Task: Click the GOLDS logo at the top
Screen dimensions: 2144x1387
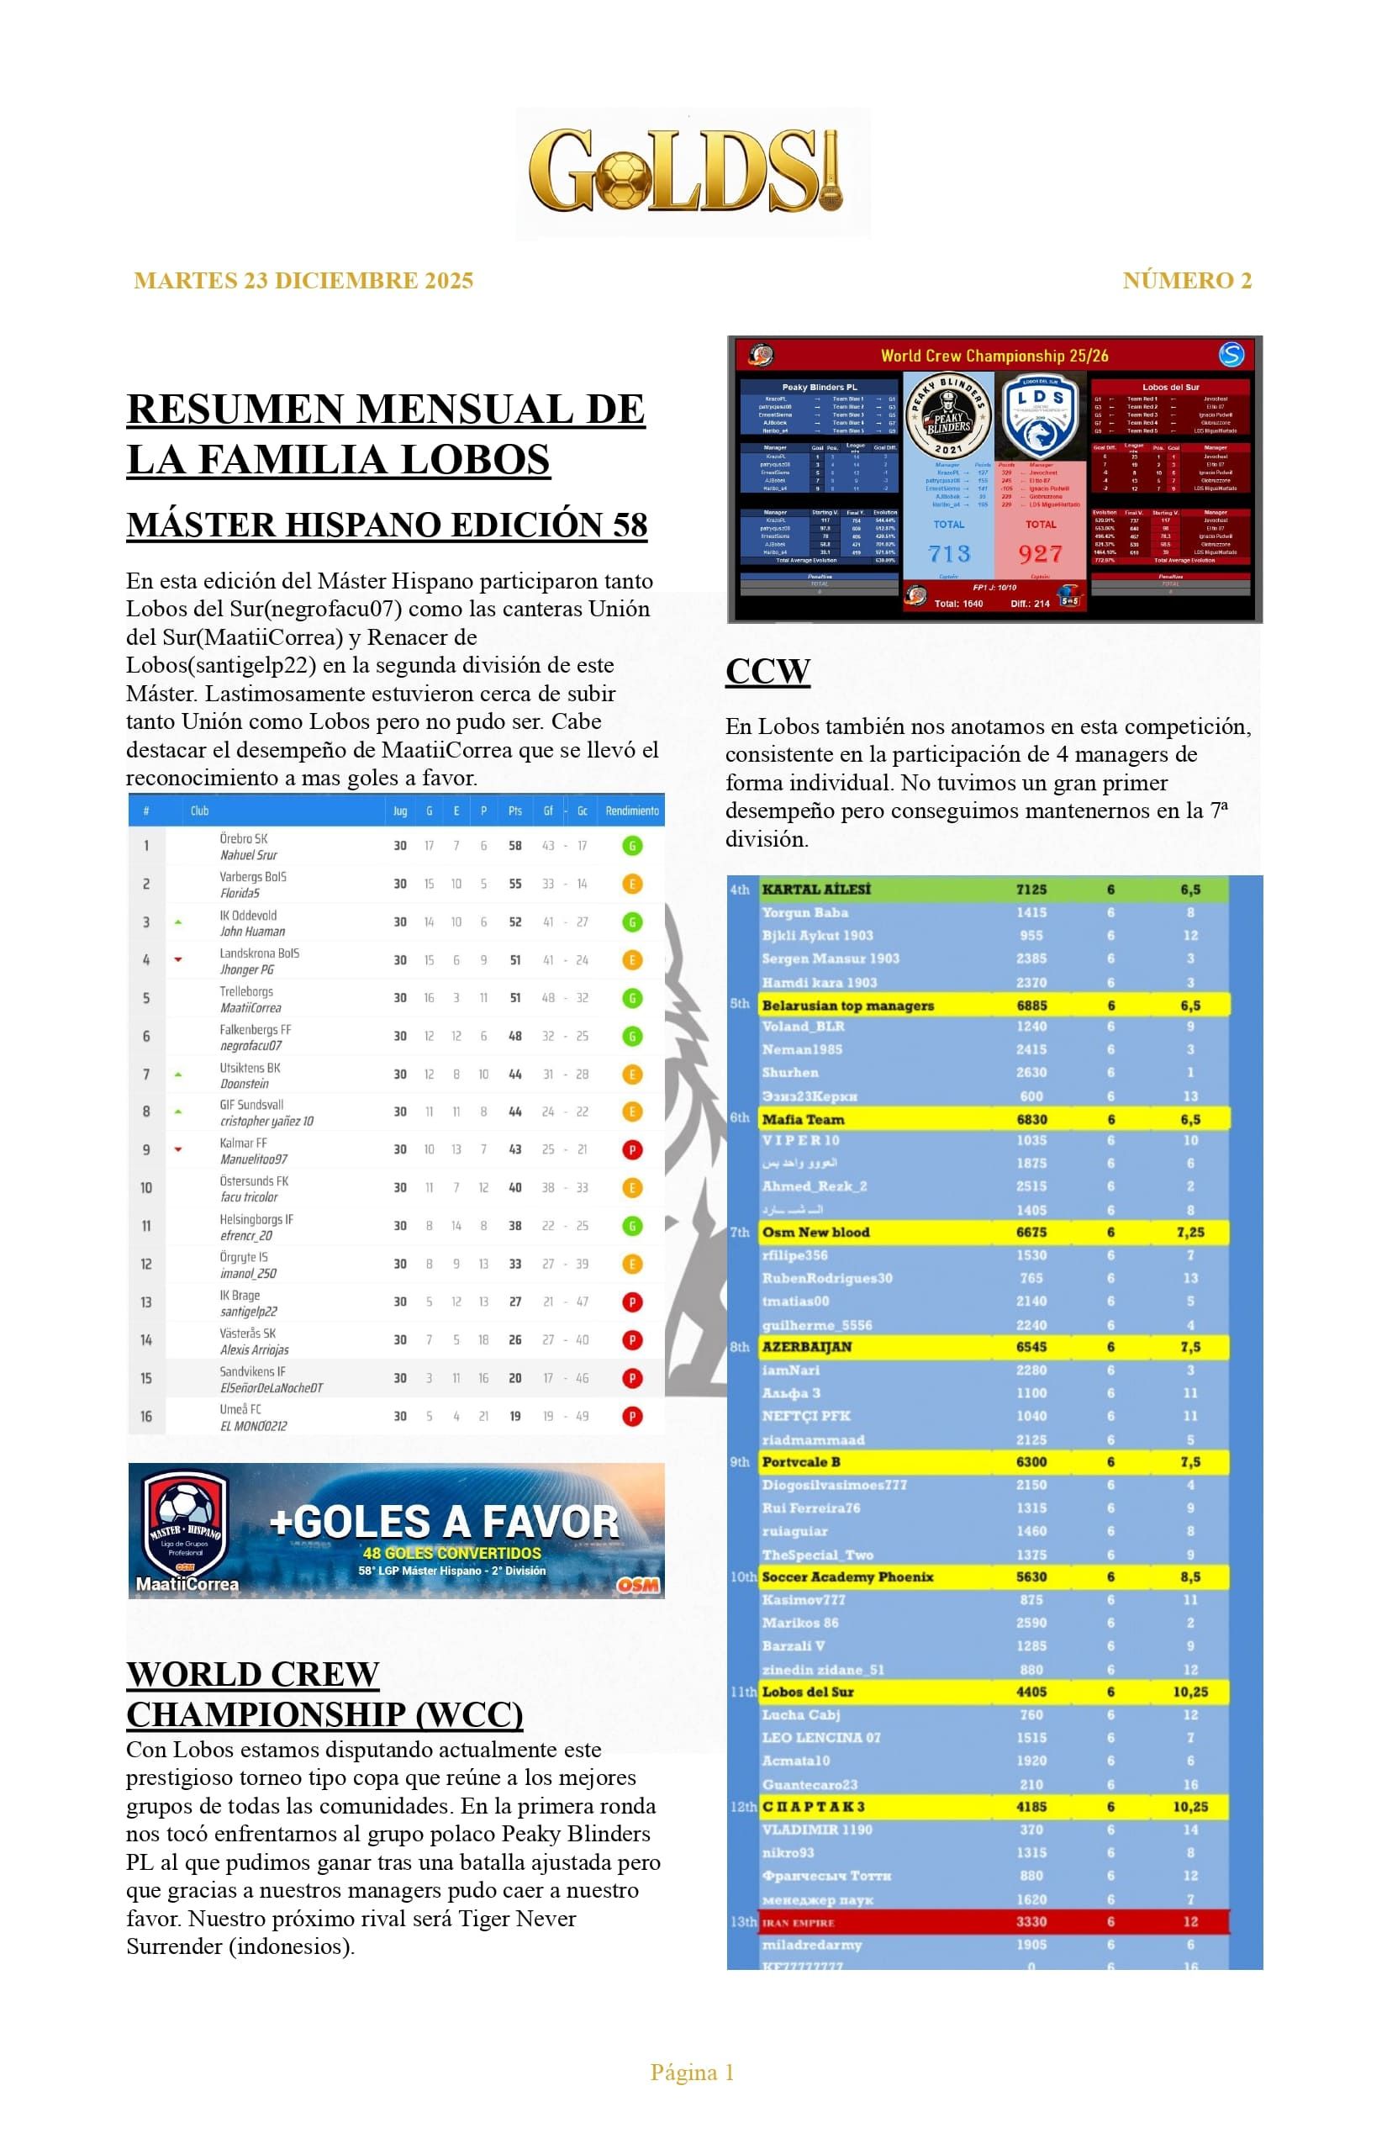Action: point(692,172)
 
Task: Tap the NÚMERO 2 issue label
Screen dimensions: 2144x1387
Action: point(1186,281)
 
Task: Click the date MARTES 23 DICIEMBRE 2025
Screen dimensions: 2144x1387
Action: point(303,281)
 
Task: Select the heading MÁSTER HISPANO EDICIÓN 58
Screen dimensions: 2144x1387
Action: point(387,525)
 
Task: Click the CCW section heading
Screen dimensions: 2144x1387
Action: point(767,671)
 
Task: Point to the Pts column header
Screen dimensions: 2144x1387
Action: point(514,811)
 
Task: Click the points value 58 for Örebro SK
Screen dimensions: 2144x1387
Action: point(514,846)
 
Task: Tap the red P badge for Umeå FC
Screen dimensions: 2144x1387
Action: point(632,1417)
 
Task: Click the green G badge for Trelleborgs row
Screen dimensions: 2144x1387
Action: point(632,998)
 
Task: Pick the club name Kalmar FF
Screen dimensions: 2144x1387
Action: point(243,1143)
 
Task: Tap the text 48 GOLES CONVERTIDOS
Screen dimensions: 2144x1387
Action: point(451,1553)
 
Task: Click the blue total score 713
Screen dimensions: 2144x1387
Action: point(949,553)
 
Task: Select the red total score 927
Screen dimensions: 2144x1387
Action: point(1041,553)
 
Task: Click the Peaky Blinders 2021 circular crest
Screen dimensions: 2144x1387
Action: point(947,417)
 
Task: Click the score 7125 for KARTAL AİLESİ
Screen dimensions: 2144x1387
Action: point(1031,890)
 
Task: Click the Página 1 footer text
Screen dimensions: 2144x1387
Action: point(692,2073)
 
